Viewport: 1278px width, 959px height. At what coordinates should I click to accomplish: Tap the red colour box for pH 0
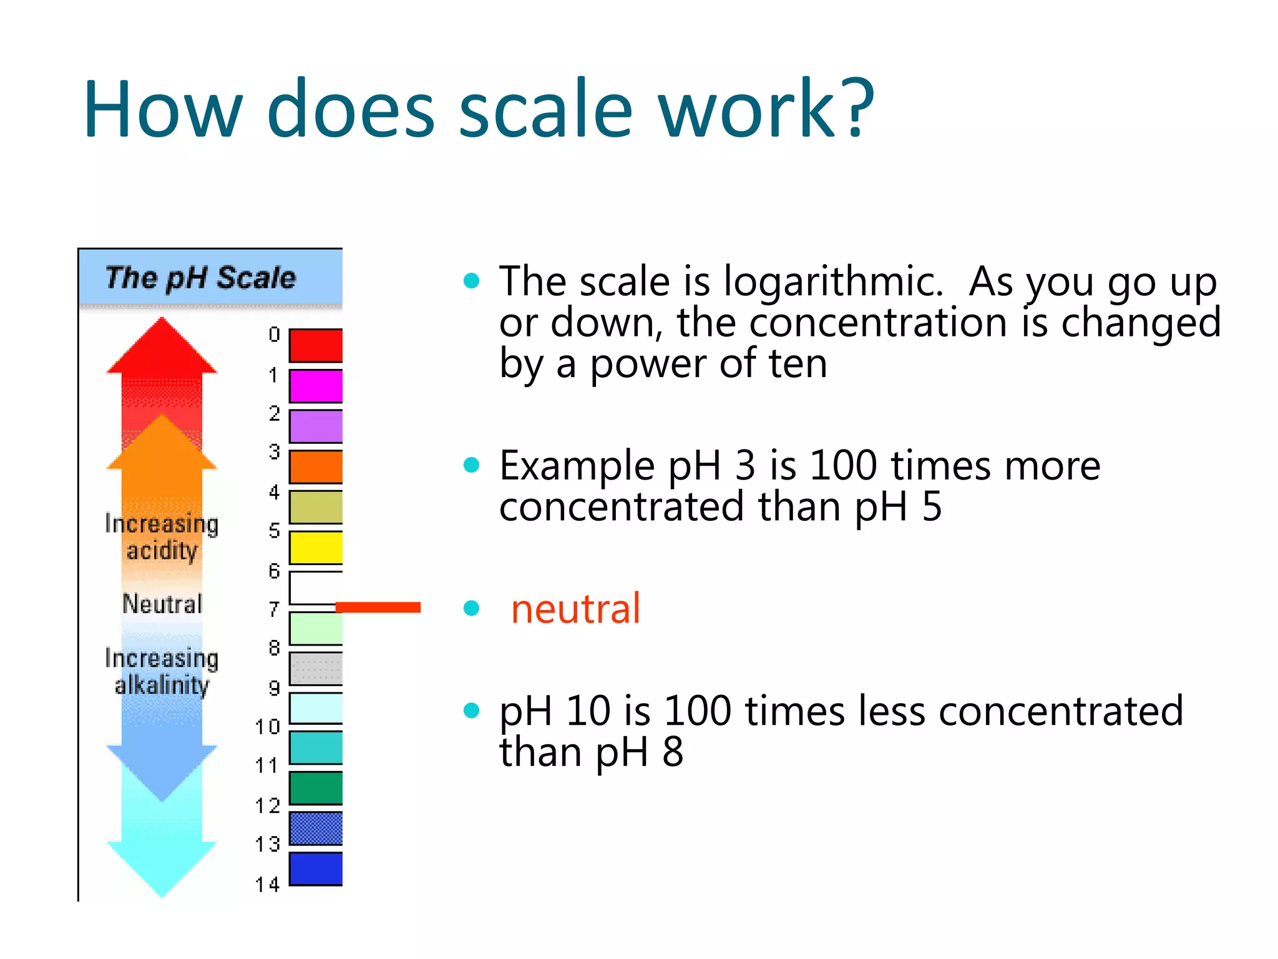[x=316, y=345]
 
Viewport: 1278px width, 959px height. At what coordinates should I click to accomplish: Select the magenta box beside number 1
[x=316, y=386]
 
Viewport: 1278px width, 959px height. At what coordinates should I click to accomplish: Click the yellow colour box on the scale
[x=316, y=548]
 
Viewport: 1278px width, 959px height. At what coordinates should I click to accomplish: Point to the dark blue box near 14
[x=316, y=868]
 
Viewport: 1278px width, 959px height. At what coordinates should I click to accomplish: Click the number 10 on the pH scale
[x=268, y=727]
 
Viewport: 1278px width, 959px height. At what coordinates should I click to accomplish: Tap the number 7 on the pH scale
[x=274, y=609]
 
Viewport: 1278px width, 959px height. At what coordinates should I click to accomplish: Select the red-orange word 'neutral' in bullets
[x=575, y=609]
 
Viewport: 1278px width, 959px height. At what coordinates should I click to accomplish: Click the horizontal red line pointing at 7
[x=378, y=607]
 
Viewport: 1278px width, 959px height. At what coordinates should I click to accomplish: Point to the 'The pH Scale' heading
[x=200, y=278]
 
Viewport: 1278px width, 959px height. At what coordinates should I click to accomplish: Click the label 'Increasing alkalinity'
[x=162, y=672]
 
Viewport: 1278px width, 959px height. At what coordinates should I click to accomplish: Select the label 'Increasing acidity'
[x=162, y=537]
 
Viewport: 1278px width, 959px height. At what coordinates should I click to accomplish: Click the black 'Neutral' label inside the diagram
[x=162, y=604]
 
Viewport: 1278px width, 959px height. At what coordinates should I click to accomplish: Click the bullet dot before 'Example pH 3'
[x=472, y=465]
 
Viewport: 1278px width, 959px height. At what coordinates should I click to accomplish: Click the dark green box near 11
[x=316, y=788]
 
